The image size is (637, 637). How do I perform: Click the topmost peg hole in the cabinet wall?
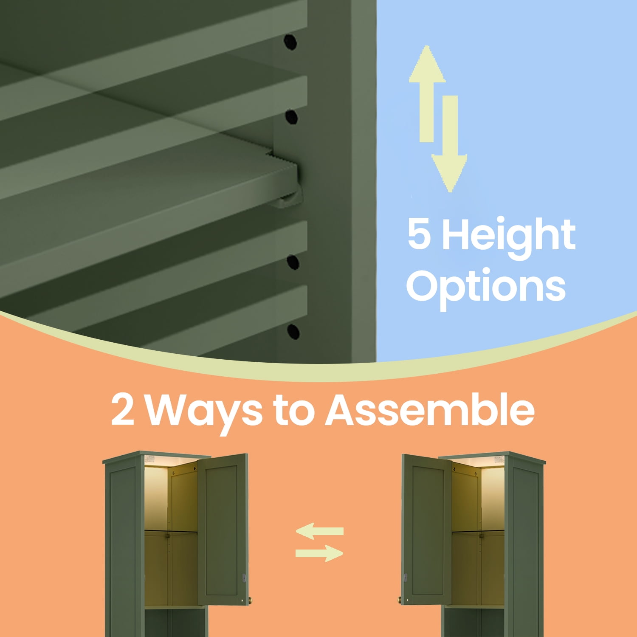(290, 42)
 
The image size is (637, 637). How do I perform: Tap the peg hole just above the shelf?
(291, 116)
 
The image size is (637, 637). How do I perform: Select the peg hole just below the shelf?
(293, 262)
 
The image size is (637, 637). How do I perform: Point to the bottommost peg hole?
(293, 331)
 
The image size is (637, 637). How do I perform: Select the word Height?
(508, 236)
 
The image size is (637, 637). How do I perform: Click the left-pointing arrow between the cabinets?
(319, 531)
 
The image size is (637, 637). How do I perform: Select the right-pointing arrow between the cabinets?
(319, 553)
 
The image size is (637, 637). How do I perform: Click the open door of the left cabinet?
(223, 530)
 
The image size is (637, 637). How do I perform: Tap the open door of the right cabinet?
(427, 530)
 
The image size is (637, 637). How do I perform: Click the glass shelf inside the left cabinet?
(171, 531)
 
